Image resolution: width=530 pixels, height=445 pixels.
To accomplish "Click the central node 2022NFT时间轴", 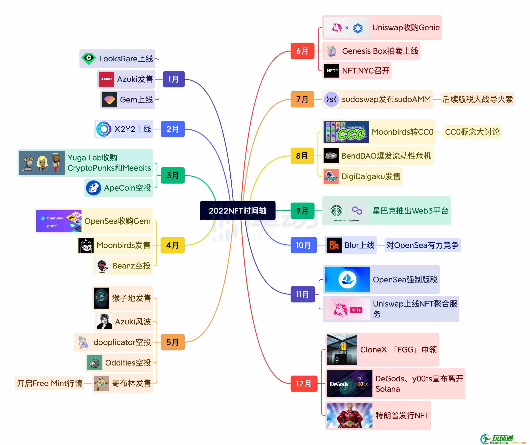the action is (x=237, y=211).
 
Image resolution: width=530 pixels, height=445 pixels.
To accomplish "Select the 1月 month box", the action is (x=174, y=79).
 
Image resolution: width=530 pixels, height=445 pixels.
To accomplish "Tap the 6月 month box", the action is (x=302, y=51).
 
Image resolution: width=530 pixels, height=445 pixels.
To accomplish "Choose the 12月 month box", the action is (x=304, y=384).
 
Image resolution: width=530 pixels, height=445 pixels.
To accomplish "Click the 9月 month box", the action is (x=302, y=211).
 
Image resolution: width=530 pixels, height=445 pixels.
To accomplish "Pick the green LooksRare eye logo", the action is (x=89, y=59).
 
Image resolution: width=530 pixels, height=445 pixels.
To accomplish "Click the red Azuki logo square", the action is (x=106, y=79).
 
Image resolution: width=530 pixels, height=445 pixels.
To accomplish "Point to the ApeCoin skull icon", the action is (x=93, y=188).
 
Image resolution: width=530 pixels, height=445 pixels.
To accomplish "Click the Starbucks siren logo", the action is (x=337, y=210).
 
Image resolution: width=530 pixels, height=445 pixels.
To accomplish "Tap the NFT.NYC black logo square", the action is (x=331, y=71).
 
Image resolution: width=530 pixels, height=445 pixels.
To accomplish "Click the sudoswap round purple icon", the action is (x=331, y=99).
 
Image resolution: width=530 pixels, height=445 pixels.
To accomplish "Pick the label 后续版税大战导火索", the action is (x=477, y=99).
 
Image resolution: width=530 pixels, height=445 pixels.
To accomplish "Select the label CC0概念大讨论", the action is (x=472, y=132).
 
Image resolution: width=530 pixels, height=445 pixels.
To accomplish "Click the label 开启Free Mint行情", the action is (x=49, y=383).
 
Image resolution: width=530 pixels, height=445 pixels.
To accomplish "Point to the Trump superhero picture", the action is (x=350, y=415).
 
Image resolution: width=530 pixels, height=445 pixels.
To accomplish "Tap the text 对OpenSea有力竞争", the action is (x=422, y=245).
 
